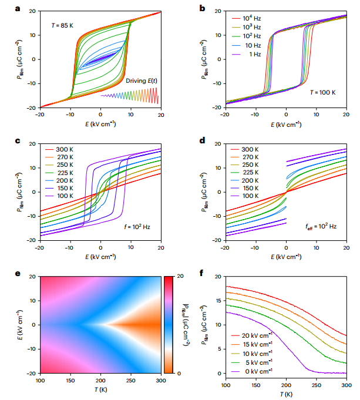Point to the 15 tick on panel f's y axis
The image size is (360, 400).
pos(218,300)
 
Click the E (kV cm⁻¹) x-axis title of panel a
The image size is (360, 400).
pos(100,124)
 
